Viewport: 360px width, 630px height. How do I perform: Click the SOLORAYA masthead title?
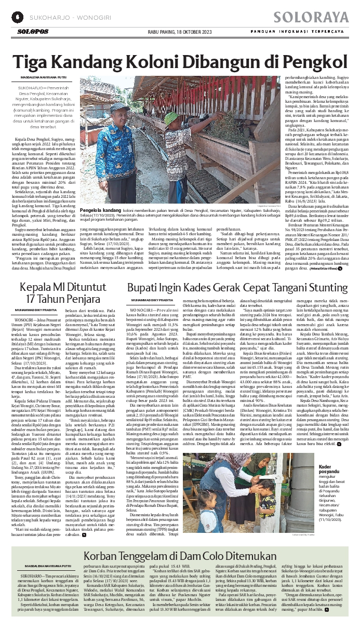point(312,17)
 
